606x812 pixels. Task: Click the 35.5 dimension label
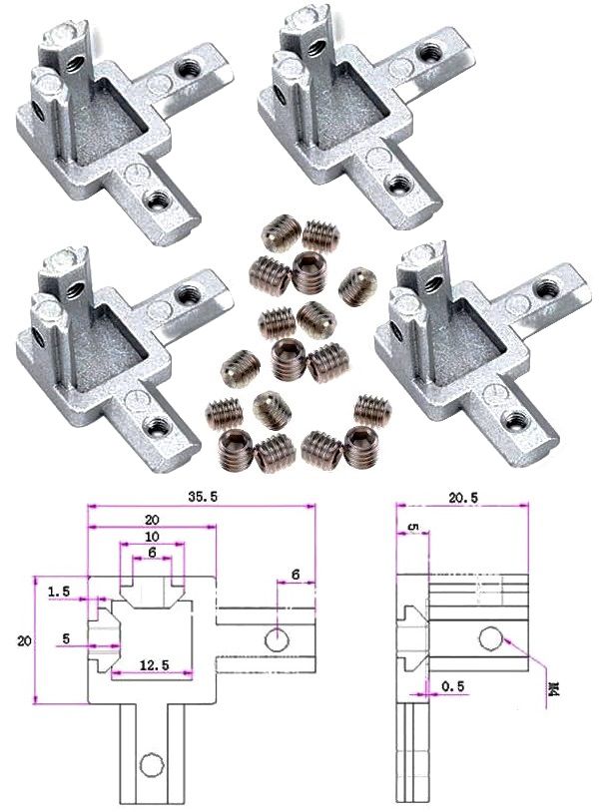coord(203,497)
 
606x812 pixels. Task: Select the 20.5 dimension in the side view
coord(463,498)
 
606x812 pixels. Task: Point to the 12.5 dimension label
coord(154,665)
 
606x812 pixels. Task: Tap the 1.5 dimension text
coord(59,592)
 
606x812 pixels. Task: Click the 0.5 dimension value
coord(453,686)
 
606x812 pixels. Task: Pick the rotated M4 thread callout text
coord(554,689)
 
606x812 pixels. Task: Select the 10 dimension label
coord(152,537)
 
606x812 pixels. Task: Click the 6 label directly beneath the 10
coord(152,553)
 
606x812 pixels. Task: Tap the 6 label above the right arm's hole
coord(296,575)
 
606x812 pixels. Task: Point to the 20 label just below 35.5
coord(152,520)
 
